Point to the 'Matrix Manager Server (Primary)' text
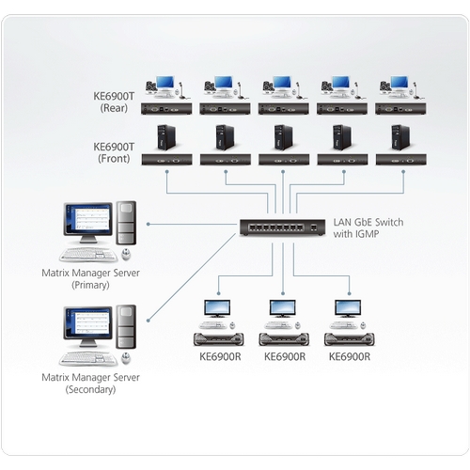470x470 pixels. click(89, 278)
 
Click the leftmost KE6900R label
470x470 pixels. click(219, 356)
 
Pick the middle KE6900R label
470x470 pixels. click(284, 356)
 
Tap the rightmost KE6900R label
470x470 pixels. click(349, 356)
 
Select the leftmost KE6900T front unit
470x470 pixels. click(167, 161)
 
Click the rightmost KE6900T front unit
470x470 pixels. click(399, 161)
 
